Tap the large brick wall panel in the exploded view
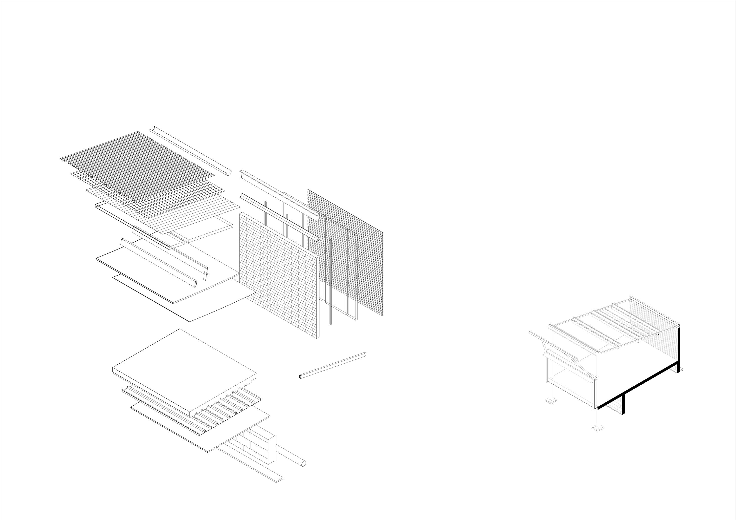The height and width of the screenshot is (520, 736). point(279,275)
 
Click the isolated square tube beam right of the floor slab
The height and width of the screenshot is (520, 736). point(333,366)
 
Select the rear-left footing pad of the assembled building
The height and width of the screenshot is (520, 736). point(551,400)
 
